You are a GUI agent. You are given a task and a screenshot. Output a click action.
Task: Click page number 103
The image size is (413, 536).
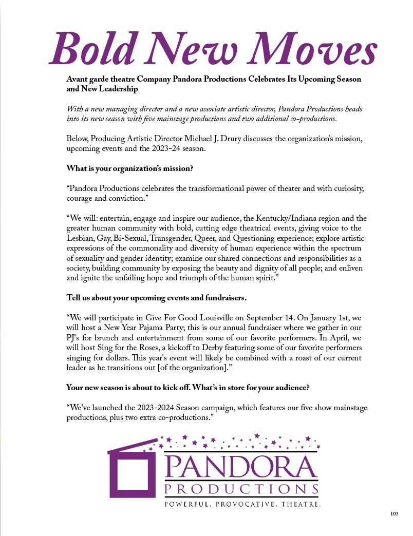pos(395,513)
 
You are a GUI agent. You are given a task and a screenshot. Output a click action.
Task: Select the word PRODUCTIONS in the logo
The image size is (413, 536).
pos(241,488)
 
